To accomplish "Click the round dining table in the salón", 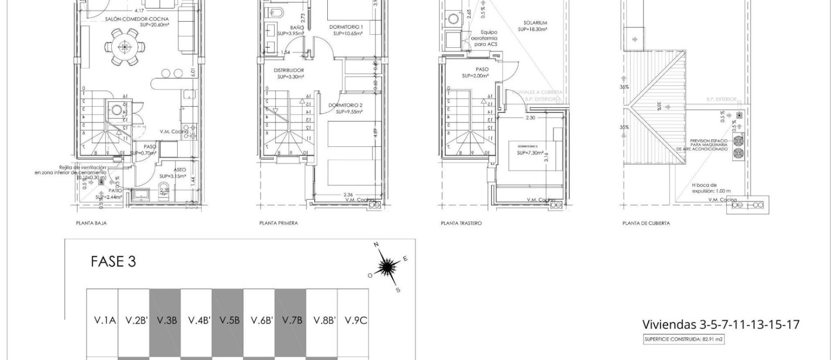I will [124, 47].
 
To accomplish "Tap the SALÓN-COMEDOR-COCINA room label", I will [137, 19].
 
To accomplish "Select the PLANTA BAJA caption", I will [91, 223].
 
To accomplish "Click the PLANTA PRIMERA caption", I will [279, 223].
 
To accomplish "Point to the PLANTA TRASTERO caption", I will [461, 223].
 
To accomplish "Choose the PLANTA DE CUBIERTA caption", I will [646, 223].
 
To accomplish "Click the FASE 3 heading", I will [113, 262].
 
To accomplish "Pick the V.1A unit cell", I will [105, 320].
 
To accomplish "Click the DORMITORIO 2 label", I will [345, 106].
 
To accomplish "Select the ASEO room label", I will [179, 170].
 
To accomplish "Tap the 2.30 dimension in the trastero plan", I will [530, 118].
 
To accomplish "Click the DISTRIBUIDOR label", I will [288, 70].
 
